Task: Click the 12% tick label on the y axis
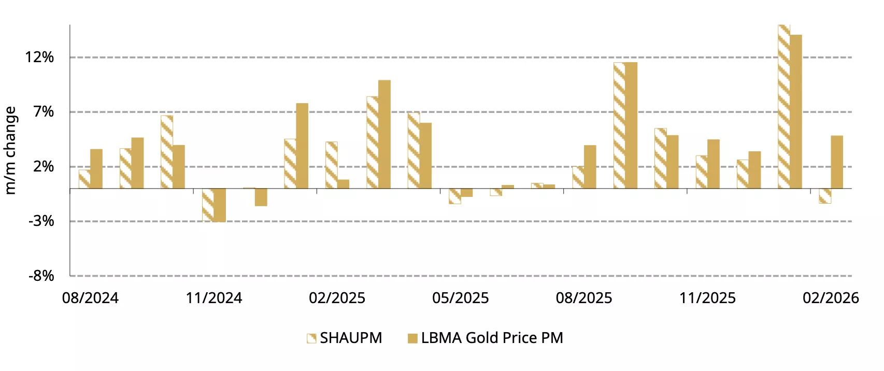[39, 57]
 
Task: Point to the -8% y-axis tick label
[41, 276]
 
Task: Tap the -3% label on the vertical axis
[41, 221]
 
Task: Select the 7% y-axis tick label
[44, 112]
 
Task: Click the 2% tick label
[44, 167]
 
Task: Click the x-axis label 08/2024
[90, 298]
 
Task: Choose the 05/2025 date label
[461, 298]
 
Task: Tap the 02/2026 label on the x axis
[831, 298]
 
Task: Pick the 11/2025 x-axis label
[707, 298]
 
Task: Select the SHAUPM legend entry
[345, 338]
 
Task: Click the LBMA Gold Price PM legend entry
[486, 338]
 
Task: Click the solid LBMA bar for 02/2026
[837, 162]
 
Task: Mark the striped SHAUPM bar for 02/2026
[825, 196]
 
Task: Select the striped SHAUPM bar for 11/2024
[208, 205]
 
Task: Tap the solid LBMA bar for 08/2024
[96, 169]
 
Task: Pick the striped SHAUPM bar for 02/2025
[331, 165]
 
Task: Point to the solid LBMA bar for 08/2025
[590, 167]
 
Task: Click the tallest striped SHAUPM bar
[784, 107]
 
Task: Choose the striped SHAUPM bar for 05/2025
[454, 196]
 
